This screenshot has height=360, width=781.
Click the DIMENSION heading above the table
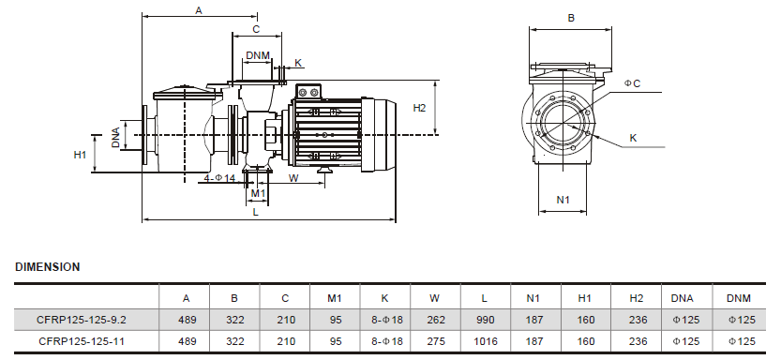[47, 267]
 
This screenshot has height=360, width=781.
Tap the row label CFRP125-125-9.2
[82, 320]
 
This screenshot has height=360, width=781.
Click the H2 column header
[636, 298]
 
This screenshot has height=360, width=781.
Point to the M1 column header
[335, 298]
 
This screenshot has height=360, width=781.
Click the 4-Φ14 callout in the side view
[219, 178]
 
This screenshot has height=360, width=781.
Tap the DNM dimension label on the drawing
[258, 55]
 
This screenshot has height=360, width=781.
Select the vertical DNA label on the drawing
[115, 138]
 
